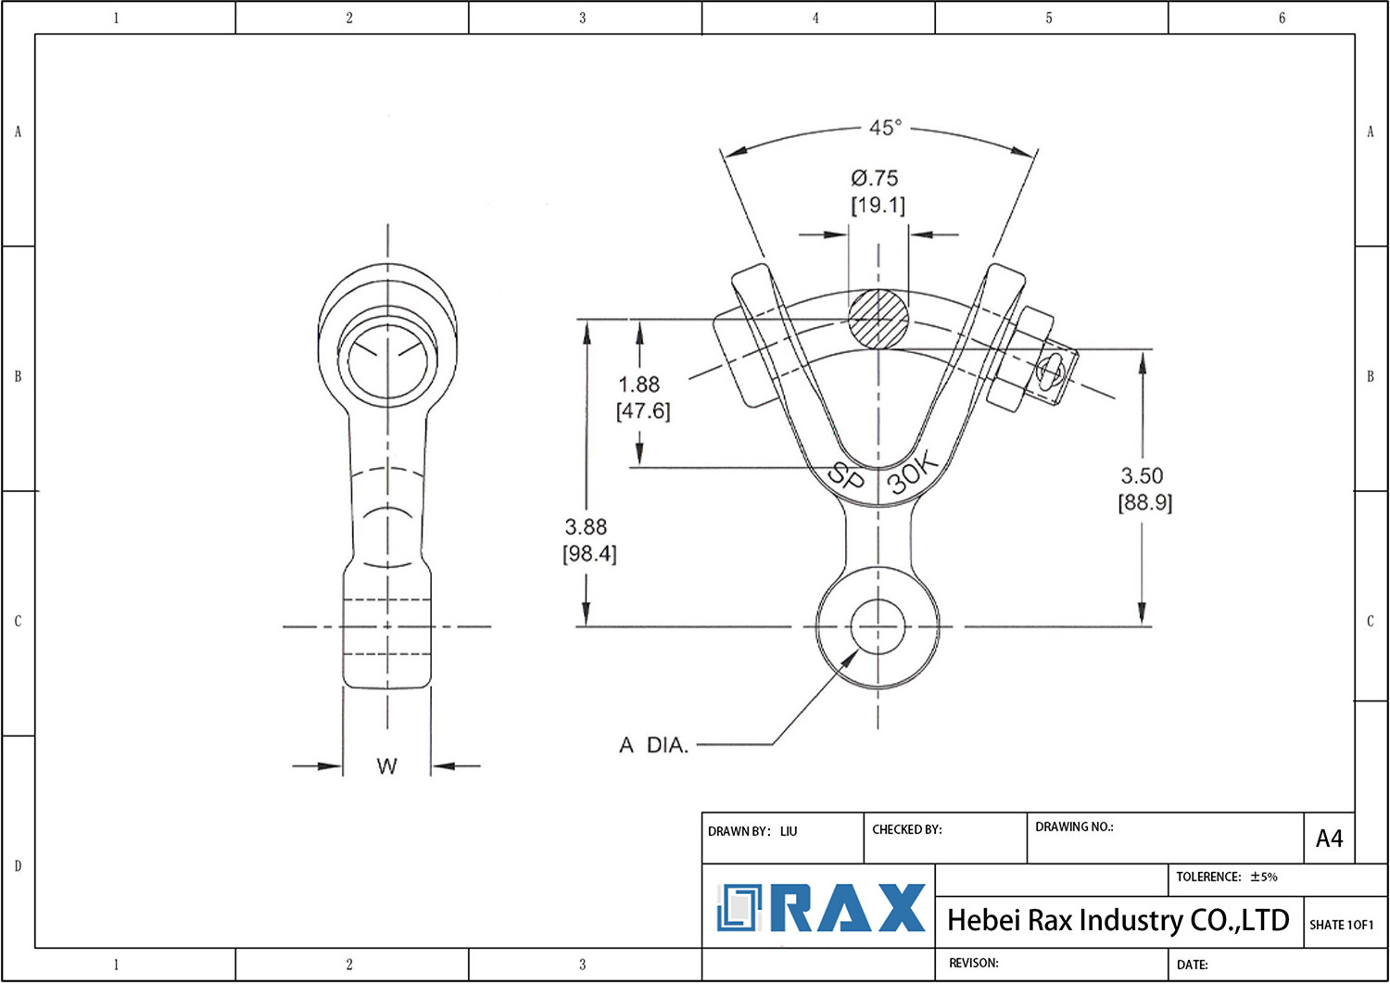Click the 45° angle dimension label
click(x=885, y=128)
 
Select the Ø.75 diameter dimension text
click(x=875, y=179)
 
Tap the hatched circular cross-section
click(x=878, y=320)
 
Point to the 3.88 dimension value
click(x=586, y=526)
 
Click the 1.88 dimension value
click(x=639, y=385)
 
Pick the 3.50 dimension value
click(x=1142, y=476)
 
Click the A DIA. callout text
click(x=654, y=745)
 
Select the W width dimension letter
click(x=386, y=766)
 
